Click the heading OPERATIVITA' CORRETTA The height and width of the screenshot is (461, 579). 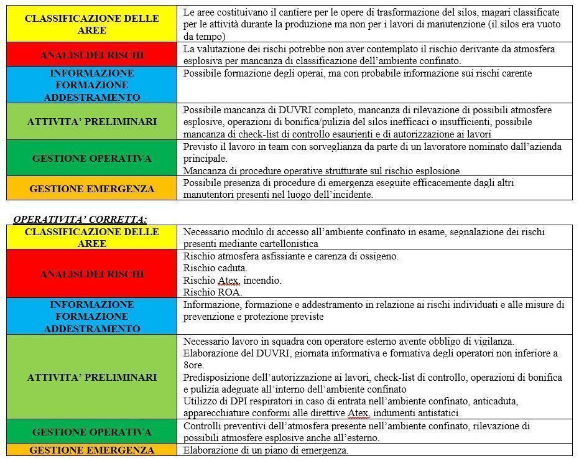pyautogui.click(x=80, y=219)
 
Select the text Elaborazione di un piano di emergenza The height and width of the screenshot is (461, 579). pyautogui.click(x=266, y=450)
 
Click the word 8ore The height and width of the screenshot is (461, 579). pyautogui.click(x=193, y=365)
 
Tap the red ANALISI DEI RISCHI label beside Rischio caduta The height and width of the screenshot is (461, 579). pyautogui.click(x=92, y=274)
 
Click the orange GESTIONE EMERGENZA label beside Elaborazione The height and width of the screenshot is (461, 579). pyautogui.click(x=92, y=450)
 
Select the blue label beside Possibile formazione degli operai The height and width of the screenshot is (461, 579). pyautogui.click(x=92, y=85)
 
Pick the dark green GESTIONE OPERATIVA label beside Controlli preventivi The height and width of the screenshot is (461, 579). pyautogui.click(x=92, y=432)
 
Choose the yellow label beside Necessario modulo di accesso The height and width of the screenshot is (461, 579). pyautogui.click(x=92, y=238)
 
